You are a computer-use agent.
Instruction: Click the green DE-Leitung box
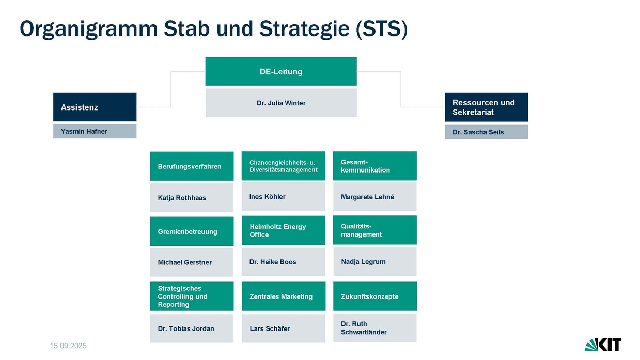point(281,71)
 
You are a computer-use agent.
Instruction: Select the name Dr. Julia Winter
point(281,103)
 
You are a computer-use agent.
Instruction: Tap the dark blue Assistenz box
point(95,107)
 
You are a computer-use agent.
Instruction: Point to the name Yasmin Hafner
point(84,131)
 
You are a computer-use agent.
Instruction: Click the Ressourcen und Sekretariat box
point(486,107)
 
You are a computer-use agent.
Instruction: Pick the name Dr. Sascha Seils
point(478,132)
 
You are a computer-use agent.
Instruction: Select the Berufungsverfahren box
point(192,166)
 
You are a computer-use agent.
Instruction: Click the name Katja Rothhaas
point(182,198)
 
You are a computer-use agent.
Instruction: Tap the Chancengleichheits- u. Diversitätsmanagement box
point(283,166)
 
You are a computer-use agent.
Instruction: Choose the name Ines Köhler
point(267,197)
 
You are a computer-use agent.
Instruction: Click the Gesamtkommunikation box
point(374,166)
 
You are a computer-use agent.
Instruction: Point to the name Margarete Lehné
point(367,197)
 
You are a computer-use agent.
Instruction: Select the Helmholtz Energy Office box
point(283,230)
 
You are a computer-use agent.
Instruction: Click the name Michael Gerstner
point(184,262)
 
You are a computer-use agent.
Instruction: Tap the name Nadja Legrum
point(363,262)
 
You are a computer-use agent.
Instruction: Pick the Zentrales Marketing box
point(283,296)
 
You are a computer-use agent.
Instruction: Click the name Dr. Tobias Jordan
point(185,328)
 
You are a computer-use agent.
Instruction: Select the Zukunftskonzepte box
point(374,296)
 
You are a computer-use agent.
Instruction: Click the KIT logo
point(602,344)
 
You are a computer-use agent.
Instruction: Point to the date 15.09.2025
point(69,345)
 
